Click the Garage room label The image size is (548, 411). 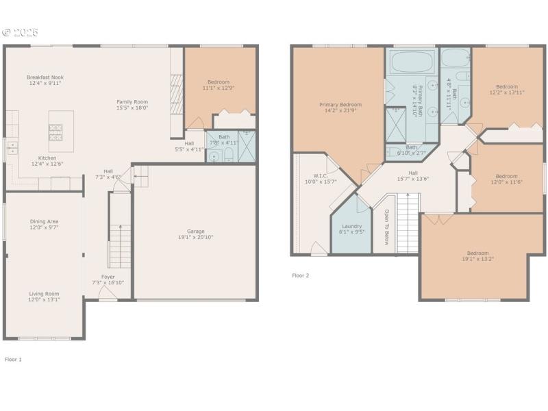coord(195,232)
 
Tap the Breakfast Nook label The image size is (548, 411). coord(45,77)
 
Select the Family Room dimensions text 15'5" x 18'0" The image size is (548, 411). coord(132,108)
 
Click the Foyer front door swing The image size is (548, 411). coord(108,294)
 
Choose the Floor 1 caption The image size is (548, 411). coord(13,359)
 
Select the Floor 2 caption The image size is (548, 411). coord(301,275)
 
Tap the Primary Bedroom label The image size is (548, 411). coord(340,105)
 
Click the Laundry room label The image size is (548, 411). coord(351,225)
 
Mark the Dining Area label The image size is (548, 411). coord(44,221)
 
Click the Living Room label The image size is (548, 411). coord(44,293)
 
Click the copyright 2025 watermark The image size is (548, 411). coord(20,32)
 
